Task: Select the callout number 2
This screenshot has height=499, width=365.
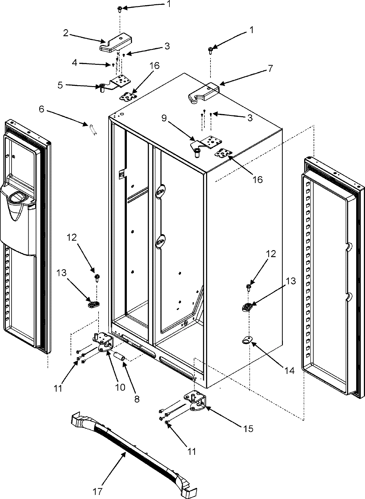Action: tap(65, 33)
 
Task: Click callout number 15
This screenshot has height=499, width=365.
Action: tap(248, 429)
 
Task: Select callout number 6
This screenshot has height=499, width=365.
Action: tap(42, 109)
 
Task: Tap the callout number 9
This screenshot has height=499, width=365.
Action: tap(164, 118)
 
